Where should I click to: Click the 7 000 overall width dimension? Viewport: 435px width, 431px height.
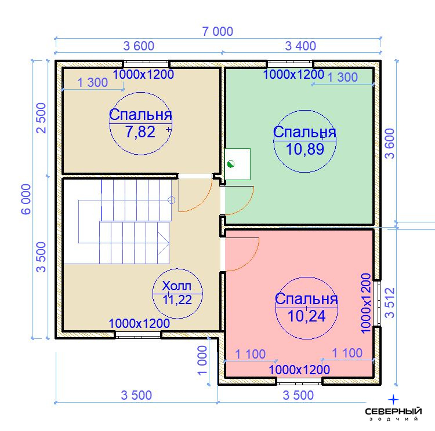pos(217,31)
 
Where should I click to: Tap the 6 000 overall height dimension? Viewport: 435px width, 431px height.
pos(26,199)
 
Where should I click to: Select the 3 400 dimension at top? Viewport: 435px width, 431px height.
pos(300,46)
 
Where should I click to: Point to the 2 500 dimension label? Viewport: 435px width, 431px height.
pos(41,118)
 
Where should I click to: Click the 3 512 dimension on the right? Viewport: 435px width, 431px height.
pos(390,302)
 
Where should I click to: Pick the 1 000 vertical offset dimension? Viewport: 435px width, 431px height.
pos(202,360)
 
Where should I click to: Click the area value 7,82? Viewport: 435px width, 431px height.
pos(140,132)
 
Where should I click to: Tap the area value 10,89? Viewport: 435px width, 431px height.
pos(304,149)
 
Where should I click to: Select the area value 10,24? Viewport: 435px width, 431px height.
pos(306,316)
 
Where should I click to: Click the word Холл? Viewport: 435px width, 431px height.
pos(177,286)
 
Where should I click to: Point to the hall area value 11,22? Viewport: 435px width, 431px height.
pos(177,299)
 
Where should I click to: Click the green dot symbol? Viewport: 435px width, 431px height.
pos(230,164)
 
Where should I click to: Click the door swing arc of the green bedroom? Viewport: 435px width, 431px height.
pos(247,206)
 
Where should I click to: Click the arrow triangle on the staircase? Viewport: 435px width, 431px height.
pos(163,244)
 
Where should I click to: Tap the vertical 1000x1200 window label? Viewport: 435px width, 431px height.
pos(366,303)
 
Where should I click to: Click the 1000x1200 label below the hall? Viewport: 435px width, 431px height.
pos(139,323)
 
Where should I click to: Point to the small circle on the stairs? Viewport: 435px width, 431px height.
pos(172,200)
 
